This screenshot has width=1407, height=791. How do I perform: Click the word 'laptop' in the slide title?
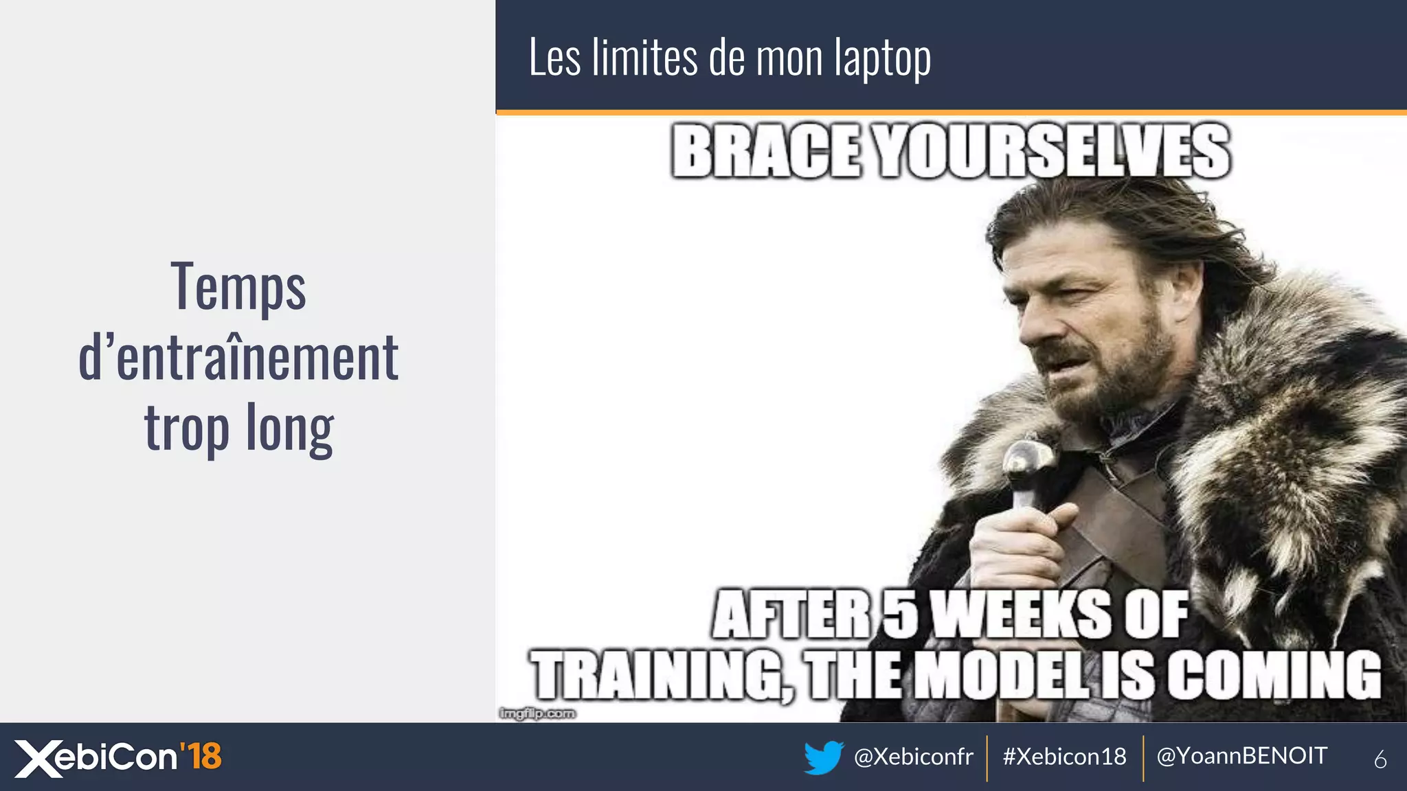(883, 58)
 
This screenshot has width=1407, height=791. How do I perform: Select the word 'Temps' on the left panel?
(238, 287)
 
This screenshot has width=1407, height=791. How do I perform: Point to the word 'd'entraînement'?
(238, 357)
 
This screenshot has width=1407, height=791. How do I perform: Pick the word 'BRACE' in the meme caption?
(766, 151)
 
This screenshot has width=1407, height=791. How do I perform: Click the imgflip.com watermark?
(537, 714)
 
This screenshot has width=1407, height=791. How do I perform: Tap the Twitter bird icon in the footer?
(824, 757)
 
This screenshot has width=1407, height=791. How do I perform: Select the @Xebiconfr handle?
(913, 757)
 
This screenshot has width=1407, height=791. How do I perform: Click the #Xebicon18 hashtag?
(1064, 757)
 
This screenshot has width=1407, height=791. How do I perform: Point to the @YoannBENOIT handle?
(1242, 756)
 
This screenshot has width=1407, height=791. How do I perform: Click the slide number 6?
(1380, 759)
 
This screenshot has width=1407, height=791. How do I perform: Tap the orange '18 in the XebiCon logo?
(201, 756)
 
